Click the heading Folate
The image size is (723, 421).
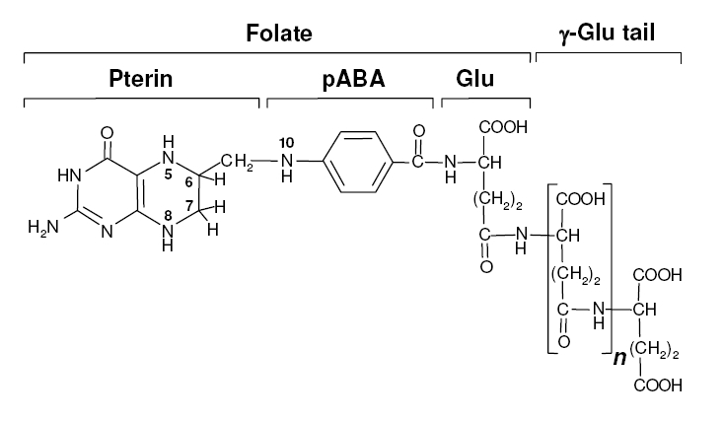point(278,35)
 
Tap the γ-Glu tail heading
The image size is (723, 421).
point(608,35)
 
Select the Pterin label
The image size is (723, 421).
point(141,81)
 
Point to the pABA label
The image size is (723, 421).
point(350,81)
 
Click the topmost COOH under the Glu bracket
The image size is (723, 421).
point(503,129)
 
